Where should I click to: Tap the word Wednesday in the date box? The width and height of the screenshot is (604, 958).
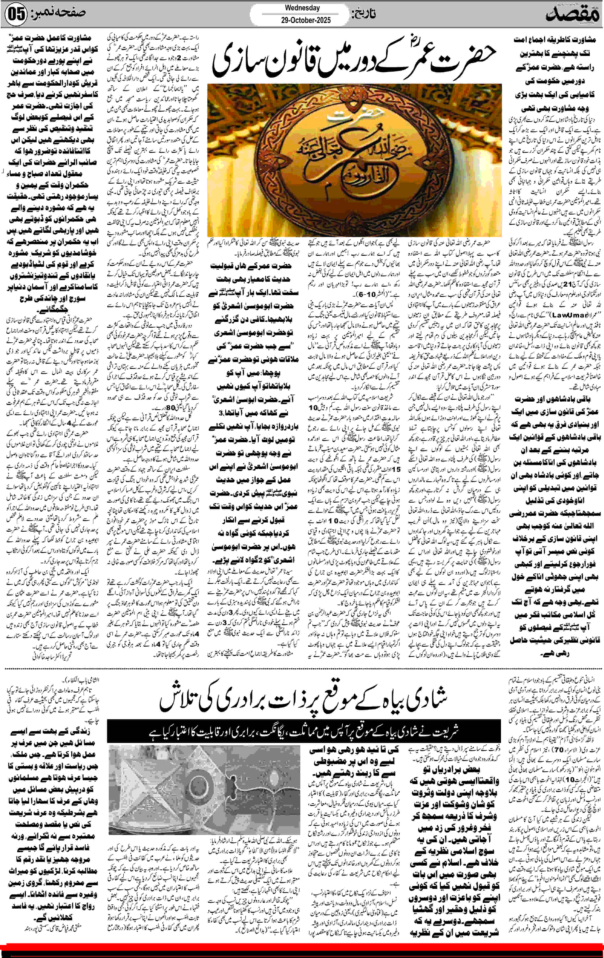(302, 7)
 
